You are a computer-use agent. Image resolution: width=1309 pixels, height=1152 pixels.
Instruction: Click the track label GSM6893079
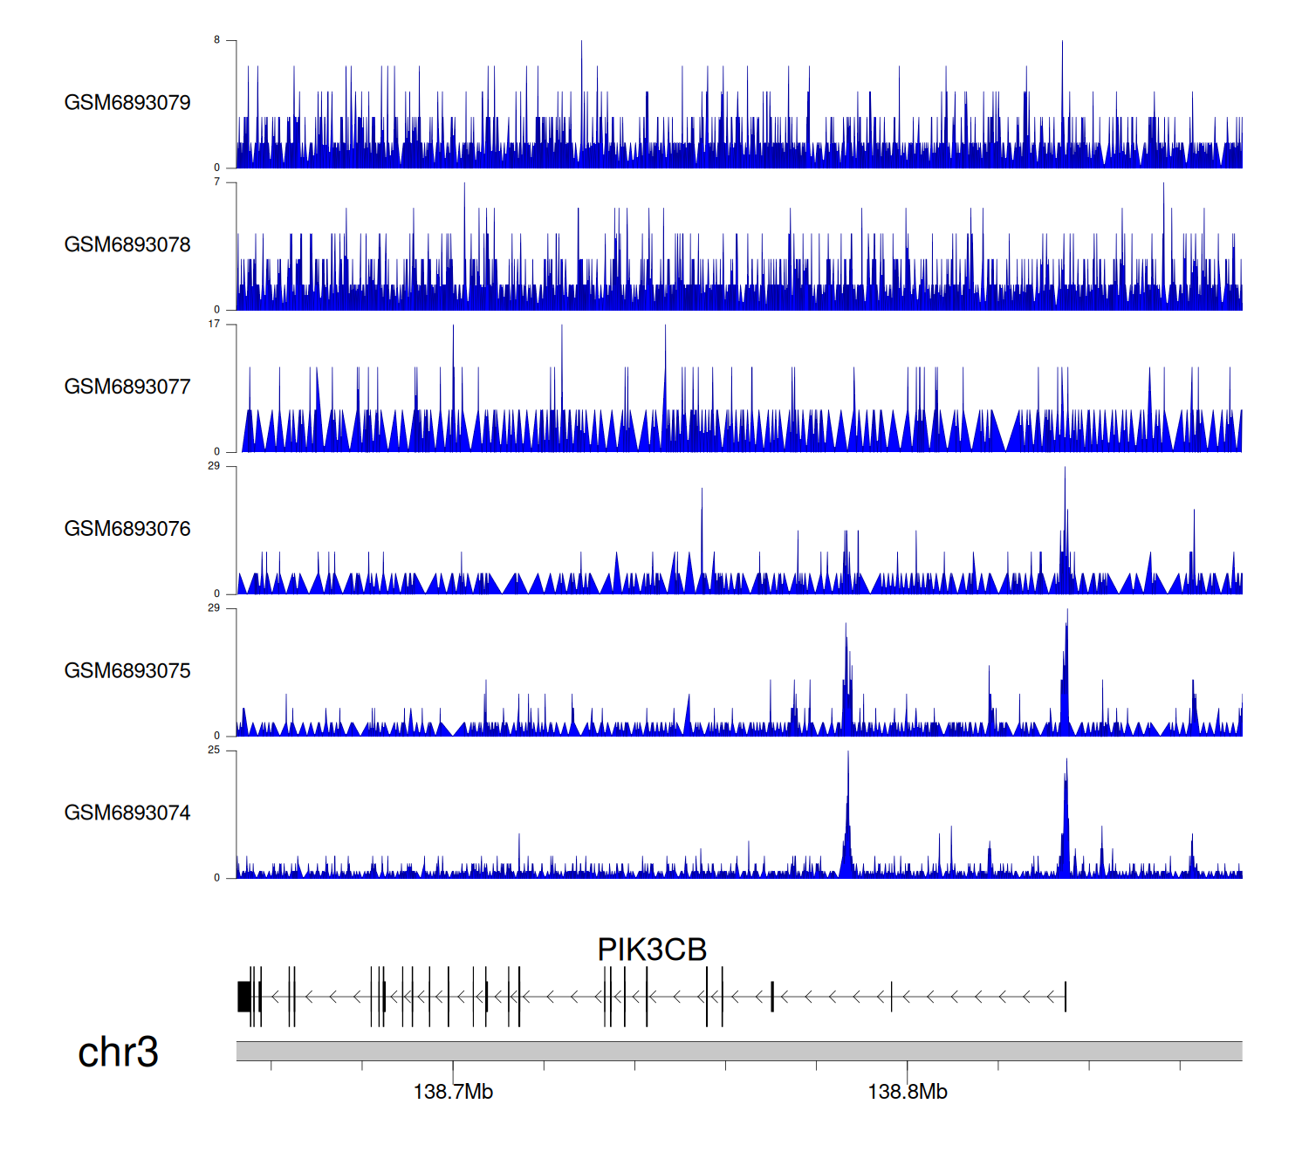point(127,103)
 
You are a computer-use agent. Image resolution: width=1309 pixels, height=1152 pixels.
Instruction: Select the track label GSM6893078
point(127,245)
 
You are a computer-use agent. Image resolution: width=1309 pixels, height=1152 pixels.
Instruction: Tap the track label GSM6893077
point(127,387)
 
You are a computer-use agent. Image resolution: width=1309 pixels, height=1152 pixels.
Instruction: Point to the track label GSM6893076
point(127,529)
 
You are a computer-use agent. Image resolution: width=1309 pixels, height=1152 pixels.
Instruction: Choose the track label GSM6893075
point(127,671)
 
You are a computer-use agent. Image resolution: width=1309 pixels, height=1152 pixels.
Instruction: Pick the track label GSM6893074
point(127,813)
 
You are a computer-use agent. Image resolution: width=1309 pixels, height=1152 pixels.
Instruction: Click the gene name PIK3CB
point(652,950)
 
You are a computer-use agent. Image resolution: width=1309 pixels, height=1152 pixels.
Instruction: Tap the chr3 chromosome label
point(118,1053)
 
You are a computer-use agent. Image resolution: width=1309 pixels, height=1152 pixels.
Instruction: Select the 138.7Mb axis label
point(453,1092)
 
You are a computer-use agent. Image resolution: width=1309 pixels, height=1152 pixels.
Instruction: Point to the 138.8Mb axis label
point(908,1092)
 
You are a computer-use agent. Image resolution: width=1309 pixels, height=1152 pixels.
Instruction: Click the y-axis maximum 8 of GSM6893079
point(217,40)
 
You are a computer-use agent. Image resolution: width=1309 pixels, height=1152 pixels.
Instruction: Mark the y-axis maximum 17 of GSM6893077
point(215,324)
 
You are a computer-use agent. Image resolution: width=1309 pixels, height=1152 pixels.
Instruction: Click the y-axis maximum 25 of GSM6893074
point(215,750)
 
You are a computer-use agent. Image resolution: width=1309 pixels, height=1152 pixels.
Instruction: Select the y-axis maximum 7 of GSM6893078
point(217,182)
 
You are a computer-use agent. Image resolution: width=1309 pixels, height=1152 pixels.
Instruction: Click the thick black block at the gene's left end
point(244,997)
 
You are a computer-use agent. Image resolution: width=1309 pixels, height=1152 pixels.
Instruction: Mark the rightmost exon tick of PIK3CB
point(1066,997)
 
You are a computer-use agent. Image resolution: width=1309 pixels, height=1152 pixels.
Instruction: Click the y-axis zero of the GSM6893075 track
point(217,736)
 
